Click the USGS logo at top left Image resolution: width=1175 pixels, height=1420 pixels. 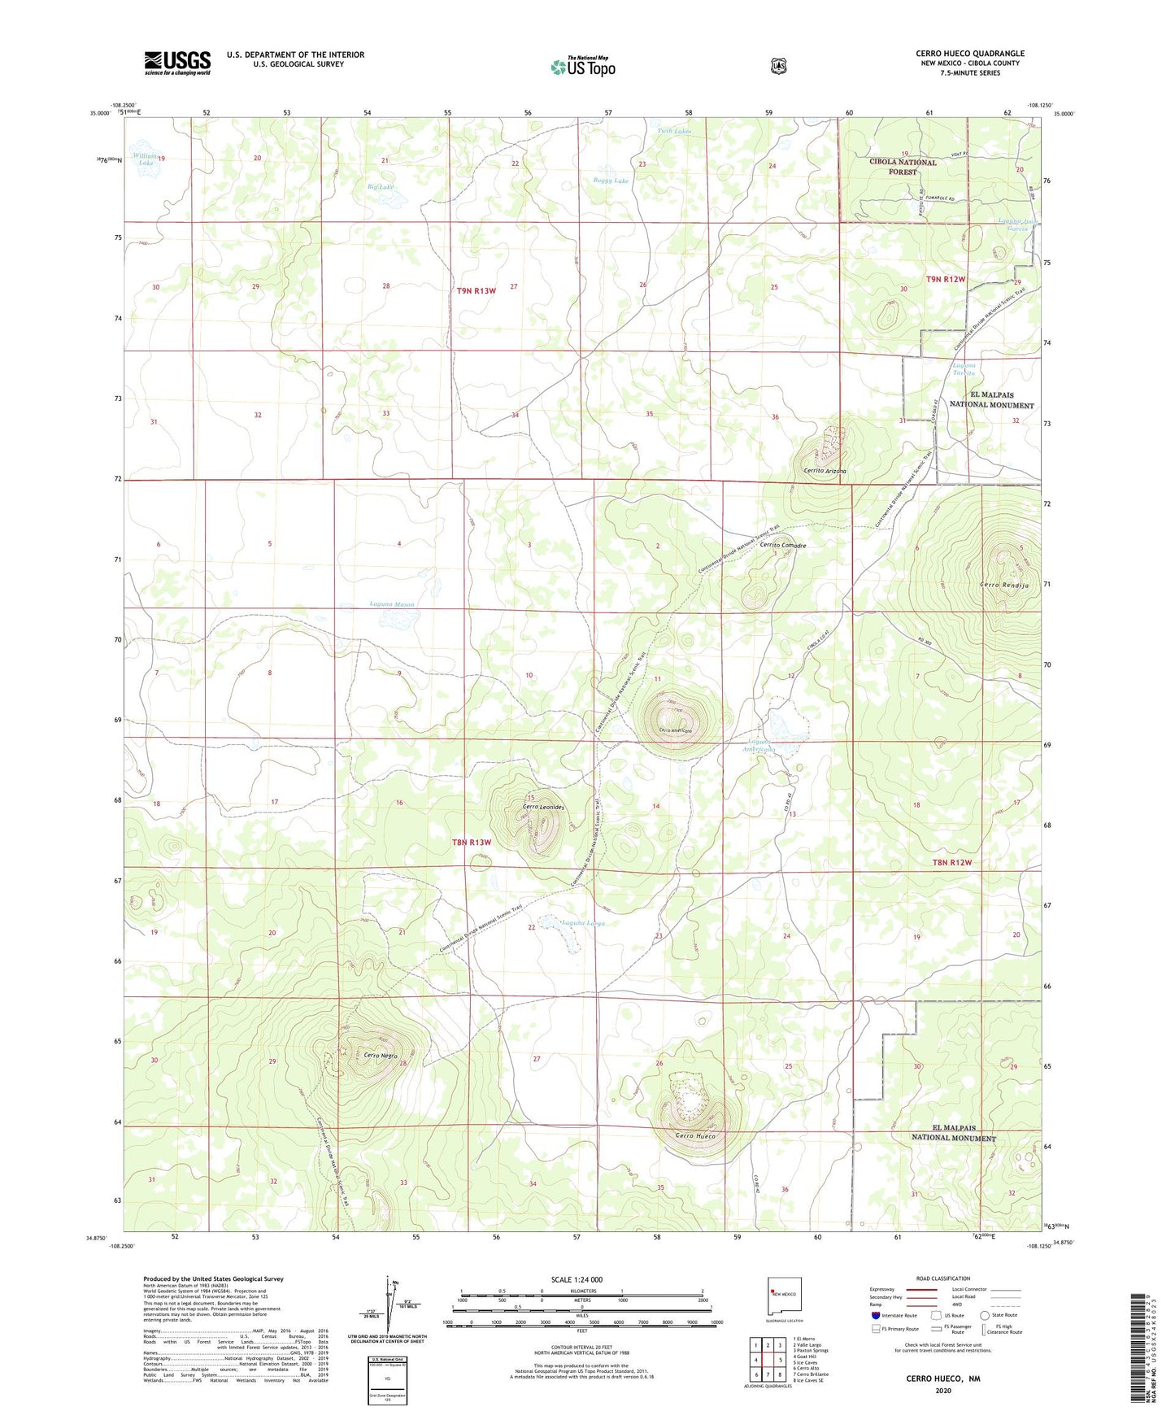(x=177, y=63)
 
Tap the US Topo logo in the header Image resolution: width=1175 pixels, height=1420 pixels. (x=583, y=66)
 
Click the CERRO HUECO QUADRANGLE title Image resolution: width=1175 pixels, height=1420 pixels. (x=969, y=54)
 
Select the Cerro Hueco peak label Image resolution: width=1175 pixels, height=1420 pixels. (x=695, y=1136)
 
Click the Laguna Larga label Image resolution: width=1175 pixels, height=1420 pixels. (x=583, y=923)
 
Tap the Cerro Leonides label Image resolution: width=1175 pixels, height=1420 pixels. (x=542, y=807)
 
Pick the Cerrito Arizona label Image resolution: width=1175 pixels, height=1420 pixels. (x=825, y=471)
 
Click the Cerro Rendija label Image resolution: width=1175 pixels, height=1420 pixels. (x=1004, y=586)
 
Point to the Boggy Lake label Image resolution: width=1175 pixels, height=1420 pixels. (x=611, y=181)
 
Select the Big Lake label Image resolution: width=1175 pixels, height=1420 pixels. (x=380, y=187)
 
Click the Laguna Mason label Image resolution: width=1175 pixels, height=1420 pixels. (x=392, y=604)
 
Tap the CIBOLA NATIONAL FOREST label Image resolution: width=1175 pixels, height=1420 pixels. (x=903, y=167)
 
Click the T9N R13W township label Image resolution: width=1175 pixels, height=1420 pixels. (x=476, y=290)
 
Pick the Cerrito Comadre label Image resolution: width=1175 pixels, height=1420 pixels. (x=782, y=546)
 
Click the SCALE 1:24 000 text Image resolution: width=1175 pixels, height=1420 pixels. (x=577, y=1279)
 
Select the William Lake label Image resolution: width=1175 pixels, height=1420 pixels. (x=146, y=159)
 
